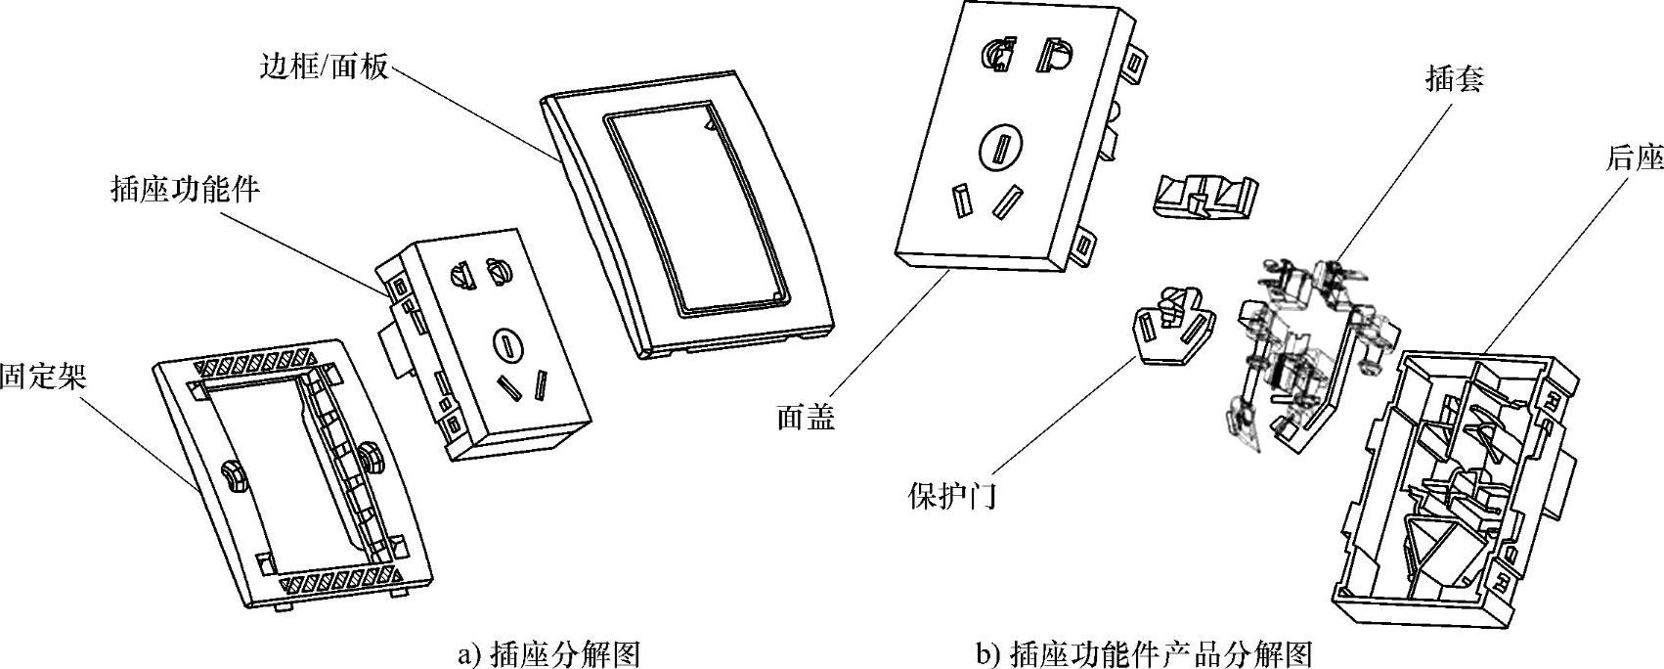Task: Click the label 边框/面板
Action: click(325, 66)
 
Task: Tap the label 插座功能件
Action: click(186, 189)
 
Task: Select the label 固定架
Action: click(43, 377)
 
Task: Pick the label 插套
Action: click(1454, 79)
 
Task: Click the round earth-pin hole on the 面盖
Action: click(1002, 150)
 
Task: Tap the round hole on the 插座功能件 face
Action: click(505, 343)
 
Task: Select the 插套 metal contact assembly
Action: click(1300, 342)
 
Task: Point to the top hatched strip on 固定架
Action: click(254, 362)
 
